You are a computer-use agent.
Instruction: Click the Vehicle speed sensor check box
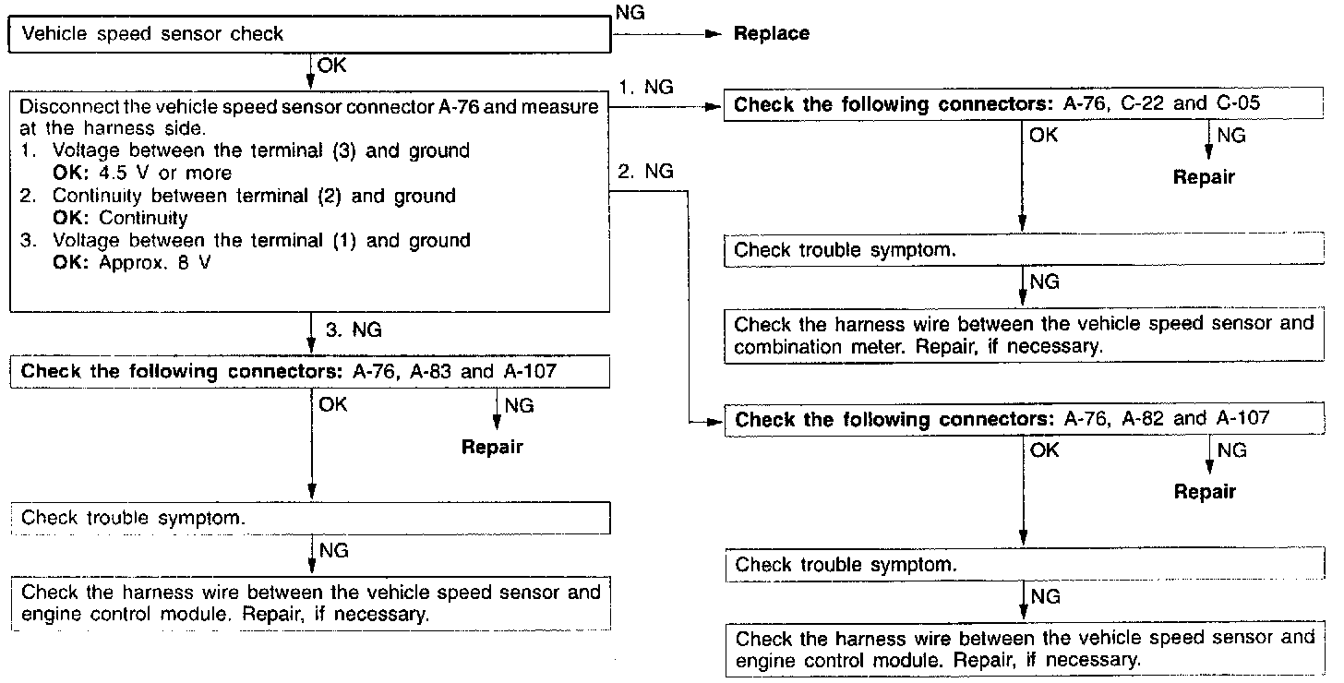[310, 35]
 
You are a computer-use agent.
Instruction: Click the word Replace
[771, 34]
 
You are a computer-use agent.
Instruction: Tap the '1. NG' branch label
[646, 88]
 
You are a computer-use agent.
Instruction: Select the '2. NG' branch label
[646, 172]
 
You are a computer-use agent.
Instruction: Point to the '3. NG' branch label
[354, 330]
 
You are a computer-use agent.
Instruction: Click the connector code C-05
[1237, 103]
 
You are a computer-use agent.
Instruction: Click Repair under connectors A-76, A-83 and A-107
[492, 448]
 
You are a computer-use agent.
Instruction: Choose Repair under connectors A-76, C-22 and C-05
[1204, 177]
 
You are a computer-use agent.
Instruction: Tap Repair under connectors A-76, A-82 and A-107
[1205, 492]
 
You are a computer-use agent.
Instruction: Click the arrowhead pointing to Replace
[711, 34]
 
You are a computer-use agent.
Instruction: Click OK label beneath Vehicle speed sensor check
[333, 65]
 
